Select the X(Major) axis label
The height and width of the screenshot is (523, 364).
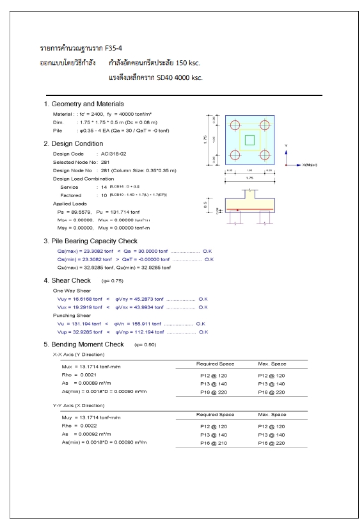tap(310, 165)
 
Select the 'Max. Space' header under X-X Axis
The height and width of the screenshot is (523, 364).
tap(269, 362)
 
